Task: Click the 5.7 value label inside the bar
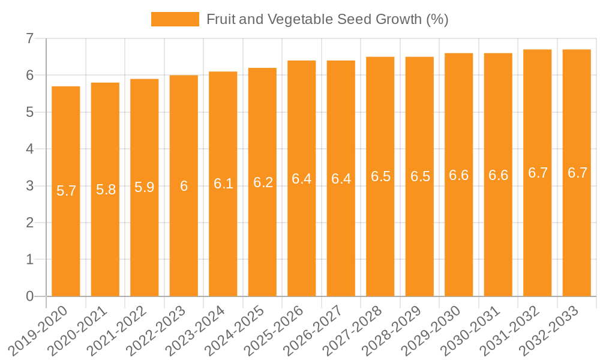coord(66,191)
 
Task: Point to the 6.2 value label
coord(263,182)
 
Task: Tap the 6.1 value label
coord(223,184)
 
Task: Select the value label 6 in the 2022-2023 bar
coord(184,186)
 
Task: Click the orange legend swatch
coord(175,19)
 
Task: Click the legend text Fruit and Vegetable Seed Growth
coord(327,19)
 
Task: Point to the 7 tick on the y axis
coord(29,39)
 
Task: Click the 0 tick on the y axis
coord(29,296)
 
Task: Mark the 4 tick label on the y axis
coord(29,149)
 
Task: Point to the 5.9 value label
coord(145,187)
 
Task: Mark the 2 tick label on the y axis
coord(29,223)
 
